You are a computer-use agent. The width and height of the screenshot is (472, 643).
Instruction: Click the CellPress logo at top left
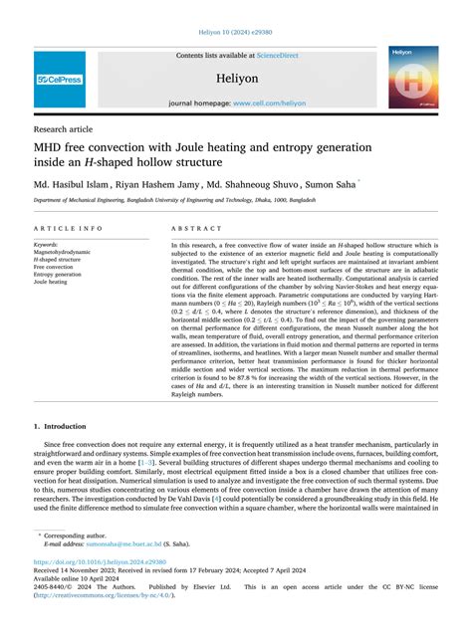pos(59,79)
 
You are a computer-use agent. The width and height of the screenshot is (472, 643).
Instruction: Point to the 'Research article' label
pos(65,129)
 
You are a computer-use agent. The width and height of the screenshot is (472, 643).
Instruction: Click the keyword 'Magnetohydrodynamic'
pos(64,251)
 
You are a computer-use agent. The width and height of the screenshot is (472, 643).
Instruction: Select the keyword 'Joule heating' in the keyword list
pos(53,282)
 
